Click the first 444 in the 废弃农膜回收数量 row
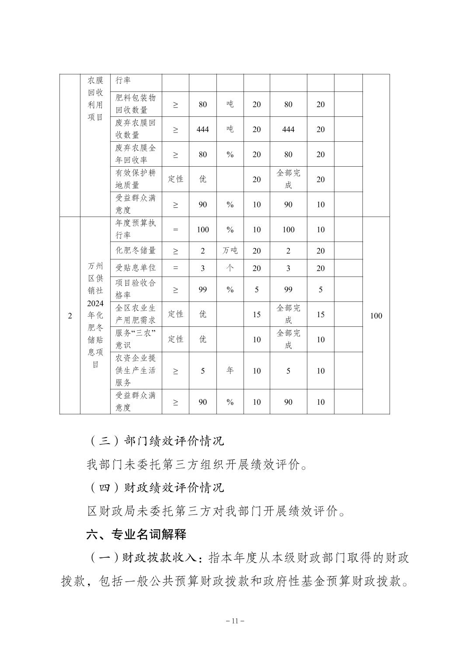pos(202,129)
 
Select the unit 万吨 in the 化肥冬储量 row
pos(230,251)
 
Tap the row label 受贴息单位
pos(136,268)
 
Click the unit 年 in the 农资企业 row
pos(230,371)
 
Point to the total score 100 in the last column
pos(376,316)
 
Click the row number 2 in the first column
pos(70,316)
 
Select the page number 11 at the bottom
pos(235,621)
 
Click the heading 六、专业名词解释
pos(136,534)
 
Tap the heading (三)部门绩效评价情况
pos(157,441)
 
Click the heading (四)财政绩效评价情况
pos(157,487)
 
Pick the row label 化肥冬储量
pos(136,251)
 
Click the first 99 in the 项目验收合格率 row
pos(202,290)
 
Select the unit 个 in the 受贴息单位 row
pos(230,268)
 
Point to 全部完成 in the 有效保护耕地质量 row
pos(288,179)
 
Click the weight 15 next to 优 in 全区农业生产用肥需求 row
pos(257,315)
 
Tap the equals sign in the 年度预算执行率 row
pos(175,230)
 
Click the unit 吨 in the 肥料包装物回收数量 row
pos(230,105)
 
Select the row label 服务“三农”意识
pos(136,339)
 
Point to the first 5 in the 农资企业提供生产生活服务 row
pos(202,371)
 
